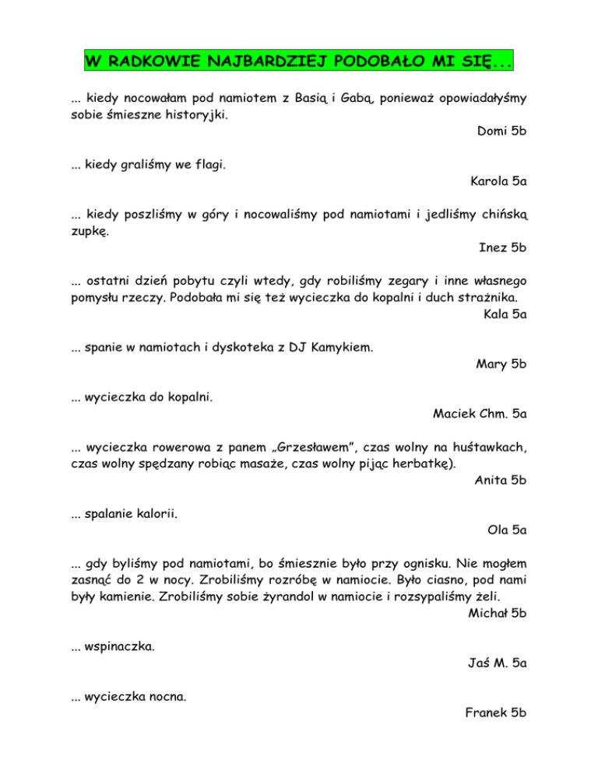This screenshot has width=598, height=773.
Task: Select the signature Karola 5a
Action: coord(498,183)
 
